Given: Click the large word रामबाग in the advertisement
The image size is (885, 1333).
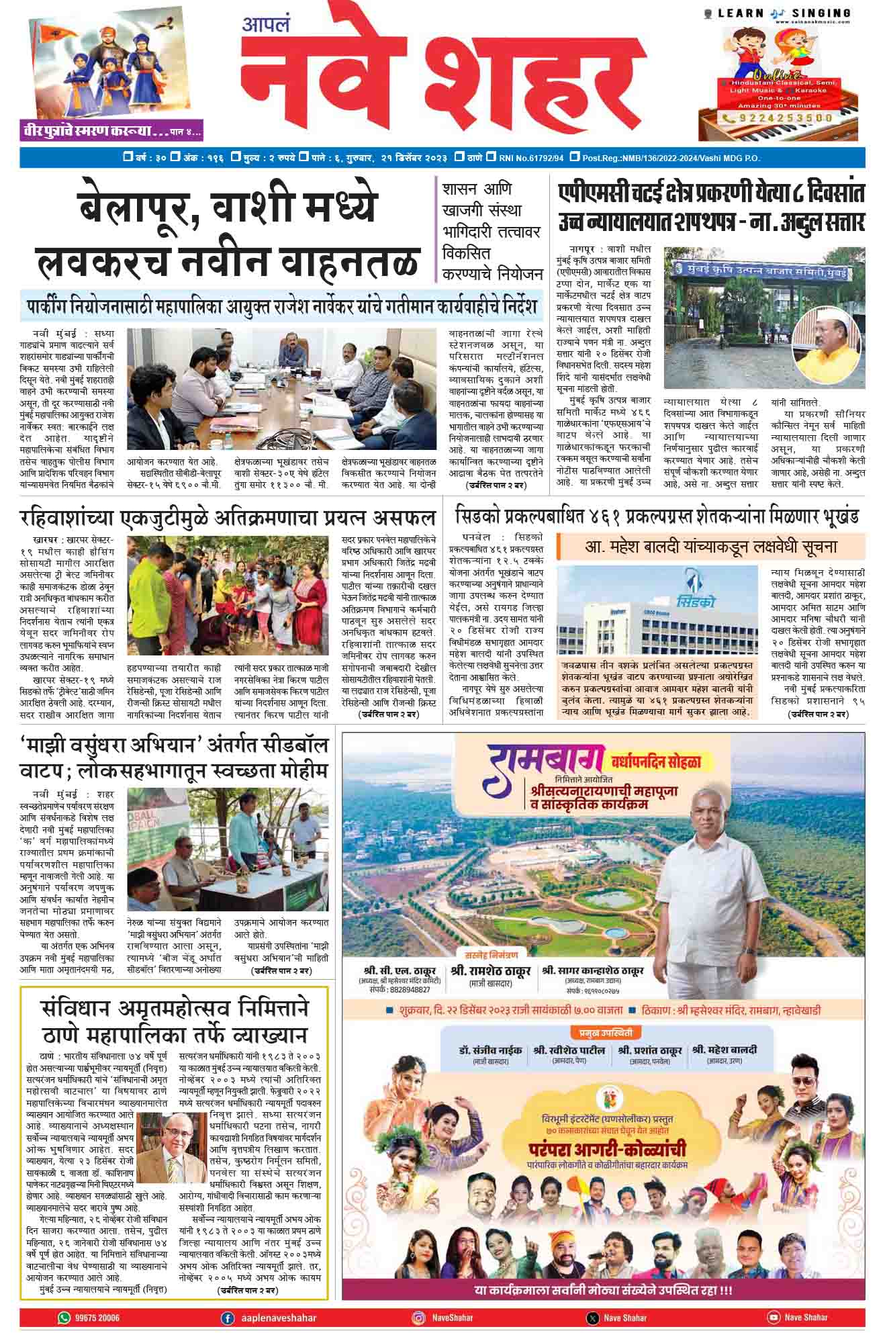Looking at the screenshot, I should click(x=535, y=766).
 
